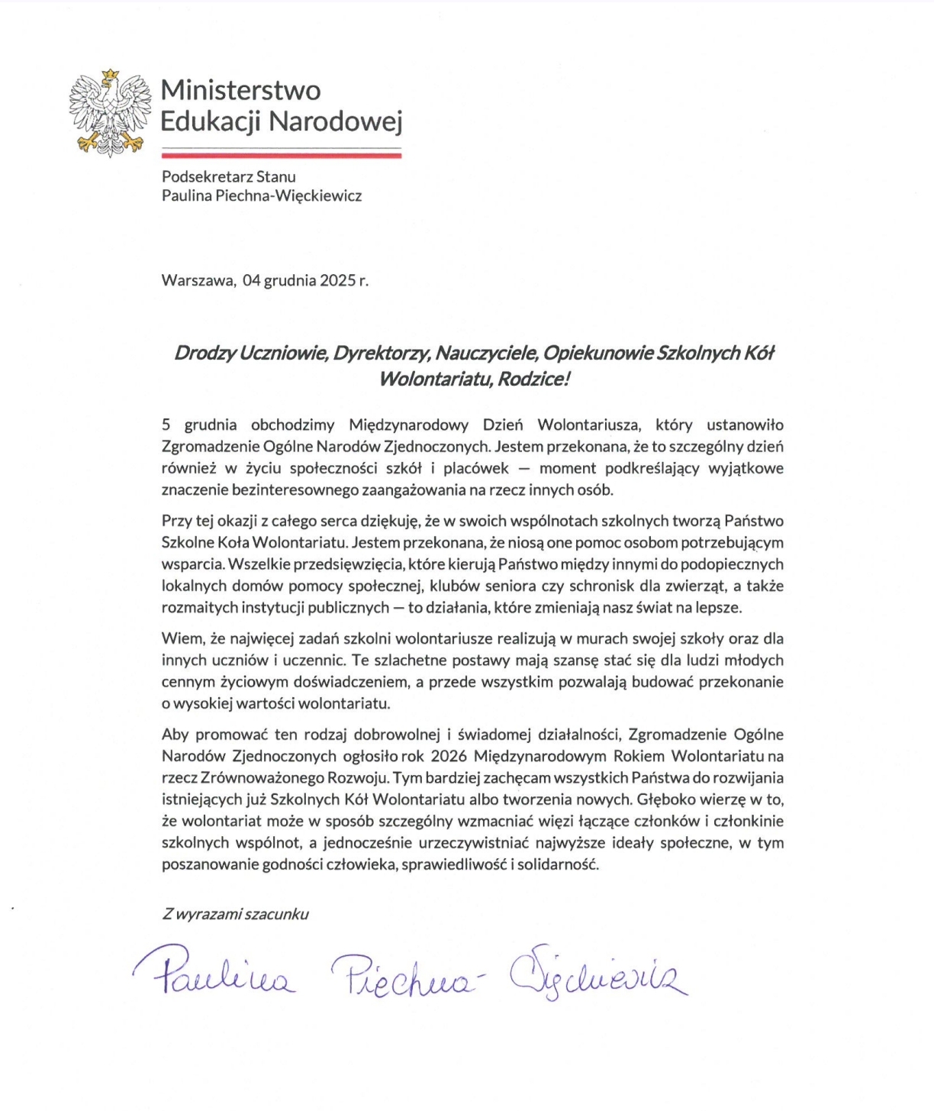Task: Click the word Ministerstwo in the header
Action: click(240, 90)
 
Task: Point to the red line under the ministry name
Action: click(281, 155)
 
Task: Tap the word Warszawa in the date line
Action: click(198, 280)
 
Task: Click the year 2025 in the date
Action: click(337, 280)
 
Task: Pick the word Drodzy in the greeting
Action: click(205, 353)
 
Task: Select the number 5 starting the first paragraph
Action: click(166, 425)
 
